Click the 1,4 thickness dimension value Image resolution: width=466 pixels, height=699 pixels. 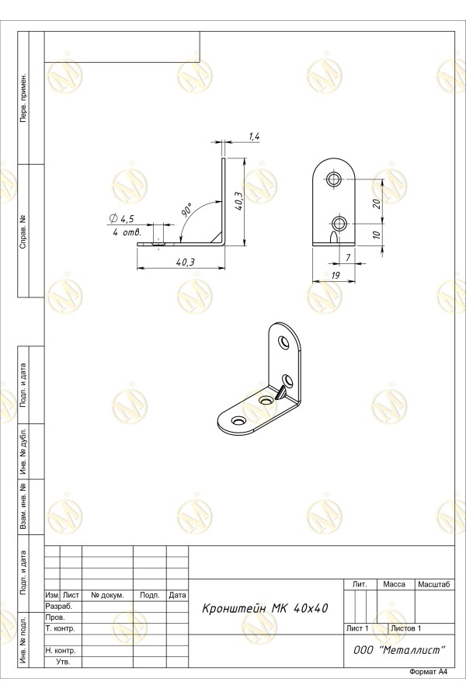coord(254,137)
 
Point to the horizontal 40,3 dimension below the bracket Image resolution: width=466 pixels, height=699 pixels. coord(185,262)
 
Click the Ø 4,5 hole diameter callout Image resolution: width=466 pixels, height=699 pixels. coord(121,218)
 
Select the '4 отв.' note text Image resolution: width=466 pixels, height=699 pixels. coord(127,233)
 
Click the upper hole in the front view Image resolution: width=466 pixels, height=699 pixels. coord(333,179)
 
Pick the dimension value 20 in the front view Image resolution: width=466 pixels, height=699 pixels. coord(376,203)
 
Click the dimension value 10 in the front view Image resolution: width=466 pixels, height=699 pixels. coord(376,235)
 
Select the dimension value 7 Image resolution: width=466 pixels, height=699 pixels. coord(348,258)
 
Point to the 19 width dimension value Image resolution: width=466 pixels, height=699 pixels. coord(335,276)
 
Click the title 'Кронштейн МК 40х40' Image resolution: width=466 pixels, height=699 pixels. coord(265,608)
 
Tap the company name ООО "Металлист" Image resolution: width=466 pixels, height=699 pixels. coord(399,650)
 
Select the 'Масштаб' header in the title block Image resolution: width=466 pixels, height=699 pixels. coord(434,584)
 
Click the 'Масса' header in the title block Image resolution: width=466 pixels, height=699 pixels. coord(395,584)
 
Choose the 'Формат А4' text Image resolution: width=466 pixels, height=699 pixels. coord(428,672)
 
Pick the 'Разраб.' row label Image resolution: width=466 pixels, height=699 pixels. coord(58,607)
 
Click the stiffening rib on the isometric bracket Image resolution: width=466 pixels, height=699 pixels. coord(281,393)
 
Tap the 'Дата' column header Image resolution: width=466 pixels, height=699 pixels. coord(178,595)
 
